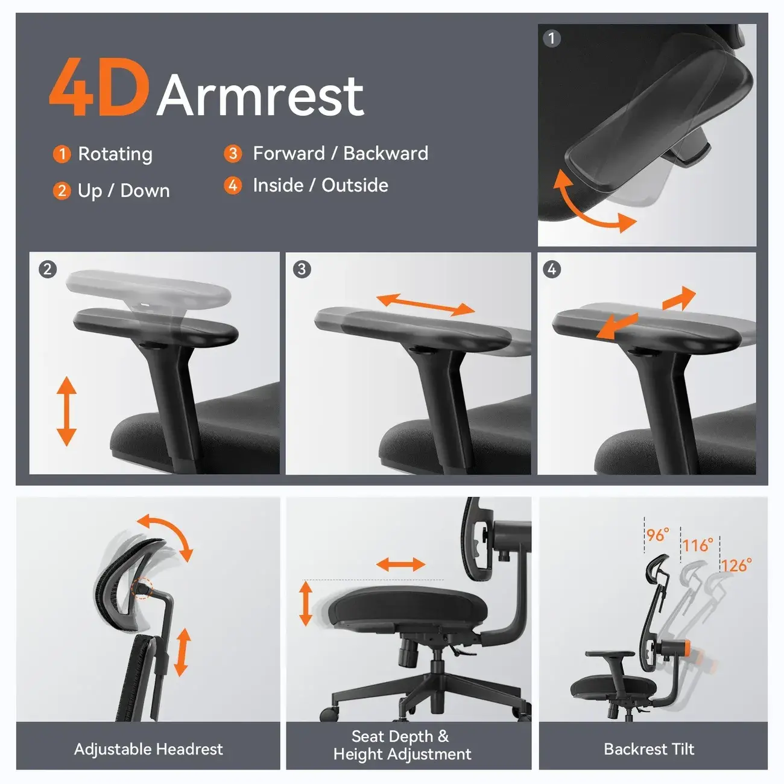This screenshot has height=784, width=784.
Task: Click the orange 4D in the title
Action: click(x=98, y=88)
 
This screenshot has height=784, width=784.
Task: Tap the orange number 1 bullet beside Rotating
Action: click(x=62, y=154)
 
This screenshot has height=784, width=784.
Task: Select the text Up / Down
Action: click(x=124, y=191)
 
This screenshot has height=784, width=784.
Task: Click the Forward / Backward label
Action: click(x=340, y=153)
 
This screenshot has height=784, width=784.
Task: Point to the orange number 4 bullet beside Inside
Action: click(x=233, y=185)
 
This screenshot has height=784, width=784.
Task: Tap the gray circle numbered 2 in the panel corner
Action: click(x=48, y=269)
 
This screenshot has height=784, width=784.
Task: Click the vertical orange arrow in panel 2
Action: click(x=66, y=411)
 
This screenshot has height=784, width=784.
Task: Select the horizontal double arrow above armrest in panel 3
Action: click(x=426, y=305)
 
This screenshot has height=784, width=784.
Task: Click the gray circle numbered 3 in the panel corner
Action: click(x=302, y=269)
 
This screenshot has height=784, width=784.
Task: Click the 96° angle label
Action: click(x=657, y=535)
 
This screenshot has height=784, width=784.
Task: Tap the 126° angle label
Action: click(x=736, y=565)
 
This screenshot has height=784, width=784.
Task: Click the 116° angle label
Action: click(x=697, y=545)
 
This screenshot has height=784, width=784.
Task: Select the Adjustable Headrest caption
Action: click(x=148, y=749)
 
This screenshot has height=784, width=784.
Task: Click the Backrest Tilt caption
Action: click(x=649, y=749)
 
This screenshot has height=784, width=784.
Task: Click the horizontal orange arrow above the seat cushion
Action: click(x=400, y=565)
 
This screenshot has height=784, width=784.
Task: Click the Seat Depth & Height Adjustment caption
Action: click(x=402, y=745)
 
